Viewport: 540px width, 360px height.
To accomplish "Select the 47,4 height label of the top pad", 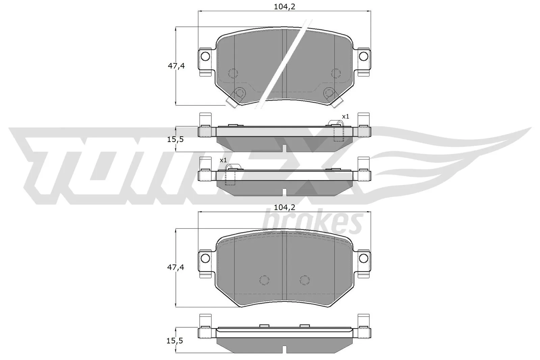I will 176,66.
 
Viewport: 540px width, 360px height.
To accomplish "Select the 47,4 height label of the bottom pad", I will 176,268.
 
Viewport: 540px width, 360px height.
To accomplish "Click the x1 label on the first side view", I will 346,116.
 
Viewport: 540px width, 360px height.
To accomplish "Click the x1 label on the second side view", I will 223,160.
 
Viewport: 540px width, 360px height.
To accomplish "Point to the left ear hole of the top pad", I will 205,56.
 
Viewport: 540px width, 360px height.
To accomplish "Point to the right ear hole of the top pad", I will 363,56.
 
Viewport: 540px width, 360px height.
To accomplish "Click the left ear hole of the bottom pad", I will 205,258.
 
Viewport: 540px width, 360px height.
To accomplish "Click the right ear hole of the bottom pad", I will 363,258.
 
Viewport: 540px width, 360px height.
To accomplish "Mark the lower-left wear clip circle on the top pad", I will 240,92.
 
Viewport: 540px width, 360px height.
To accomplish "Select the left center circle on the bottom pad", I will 264,280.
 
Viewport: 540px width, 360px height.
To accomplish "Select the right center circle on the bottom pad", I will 304,280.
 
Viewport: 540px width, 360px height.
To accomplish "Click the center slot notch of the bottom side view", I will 285,349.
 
